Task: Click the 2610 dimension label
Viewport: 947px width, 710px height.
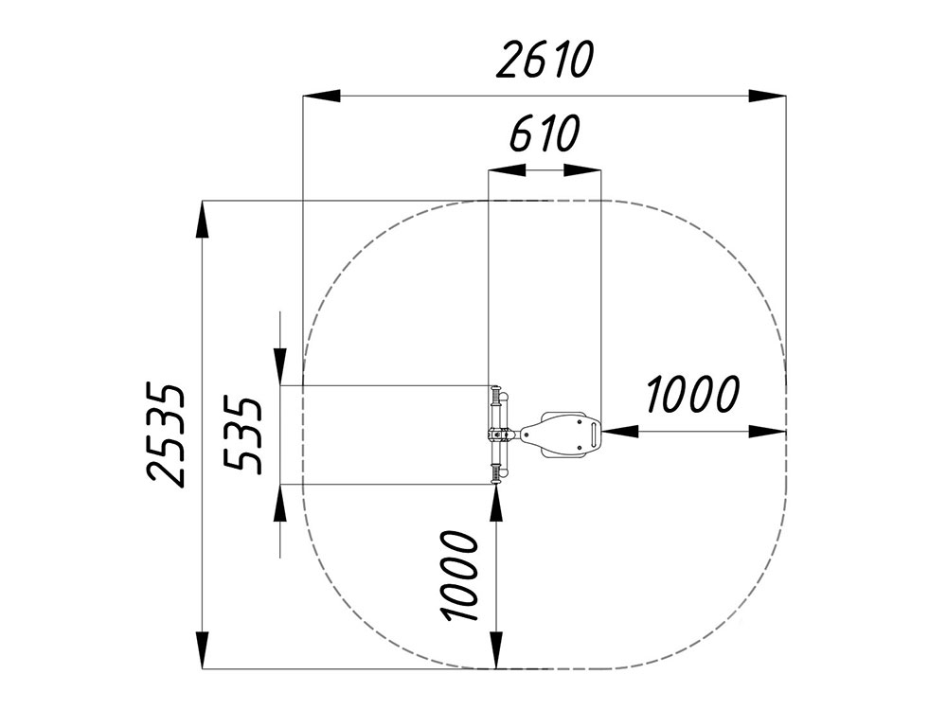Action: (x=545, y=60)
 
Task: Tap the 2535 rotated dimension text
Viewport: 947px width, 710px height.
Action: (x=165, y=434)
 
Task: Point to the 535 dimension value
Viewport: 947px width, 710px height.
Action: (x=242, y=435)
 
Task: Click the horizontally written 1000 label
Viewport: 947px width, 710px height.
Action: (x=692, y=394)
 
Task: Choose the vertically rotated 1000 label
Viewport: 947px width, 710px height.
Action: (x=461, y=576)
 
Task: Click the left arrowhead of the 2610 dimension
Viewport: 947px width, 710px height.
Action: (x=321, y=96)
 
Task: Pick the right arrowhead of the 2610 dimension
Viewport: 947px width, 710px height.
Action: (x=767, y=96)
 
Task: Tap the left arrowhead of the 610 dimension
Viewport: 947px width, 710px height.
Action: (x=507, y=170)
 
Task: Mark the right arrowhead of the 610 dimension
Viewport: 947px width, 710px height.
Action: (x=582, y=170)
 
